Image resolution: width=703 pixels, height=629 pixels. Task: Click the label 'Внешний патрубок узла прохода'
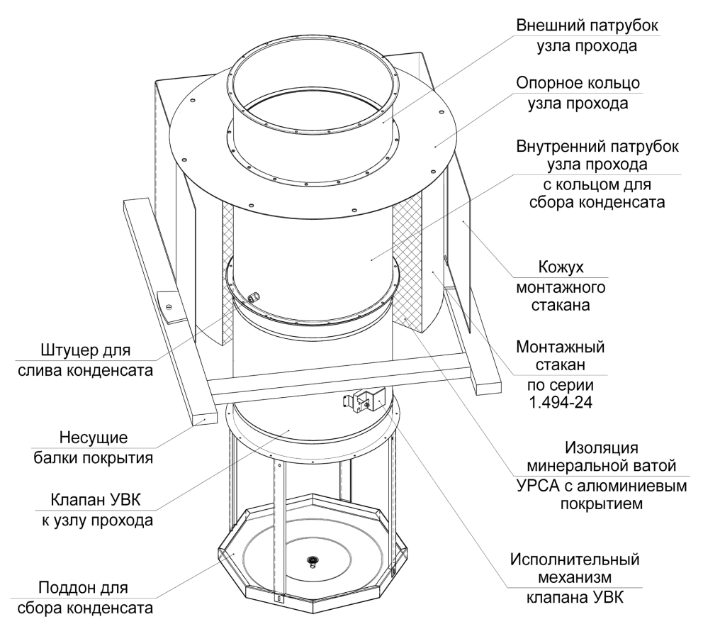[x=587, y=35]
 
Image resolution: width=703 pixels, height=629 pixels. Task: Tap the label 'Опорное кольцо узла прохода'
[x=578, y=93]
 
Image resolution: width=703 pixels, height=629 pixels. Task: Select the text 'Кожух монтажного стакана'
[x=561, y=286]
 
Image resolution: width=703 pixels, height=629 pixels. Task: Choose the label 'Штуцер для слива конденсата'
[x=85, y=360]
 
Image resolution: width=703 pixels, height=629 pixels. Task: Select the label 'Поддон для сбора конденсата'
[x=85, y=598]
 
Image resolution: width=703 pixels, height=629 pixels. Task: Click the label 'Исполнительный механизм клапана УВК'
[x=575, y=579]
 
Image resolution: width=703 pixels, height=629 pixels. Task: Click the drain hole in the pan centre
[x=312, y=560]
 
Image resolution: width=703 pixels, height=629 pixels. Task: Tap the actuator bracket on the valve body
[x=364, y=399]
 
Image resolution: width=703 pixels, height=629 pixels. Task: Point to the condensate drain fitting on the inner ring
[x=254, y=296]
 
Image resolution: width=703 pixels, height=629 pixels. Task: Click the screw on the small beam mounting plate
[x=169, y=306]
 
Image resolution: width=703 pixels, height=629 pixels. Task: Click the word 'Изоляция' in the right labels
[x=602, y=447]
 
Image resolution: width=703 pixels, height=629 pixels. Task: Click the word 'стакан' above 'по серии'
[x=561, y=364]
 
